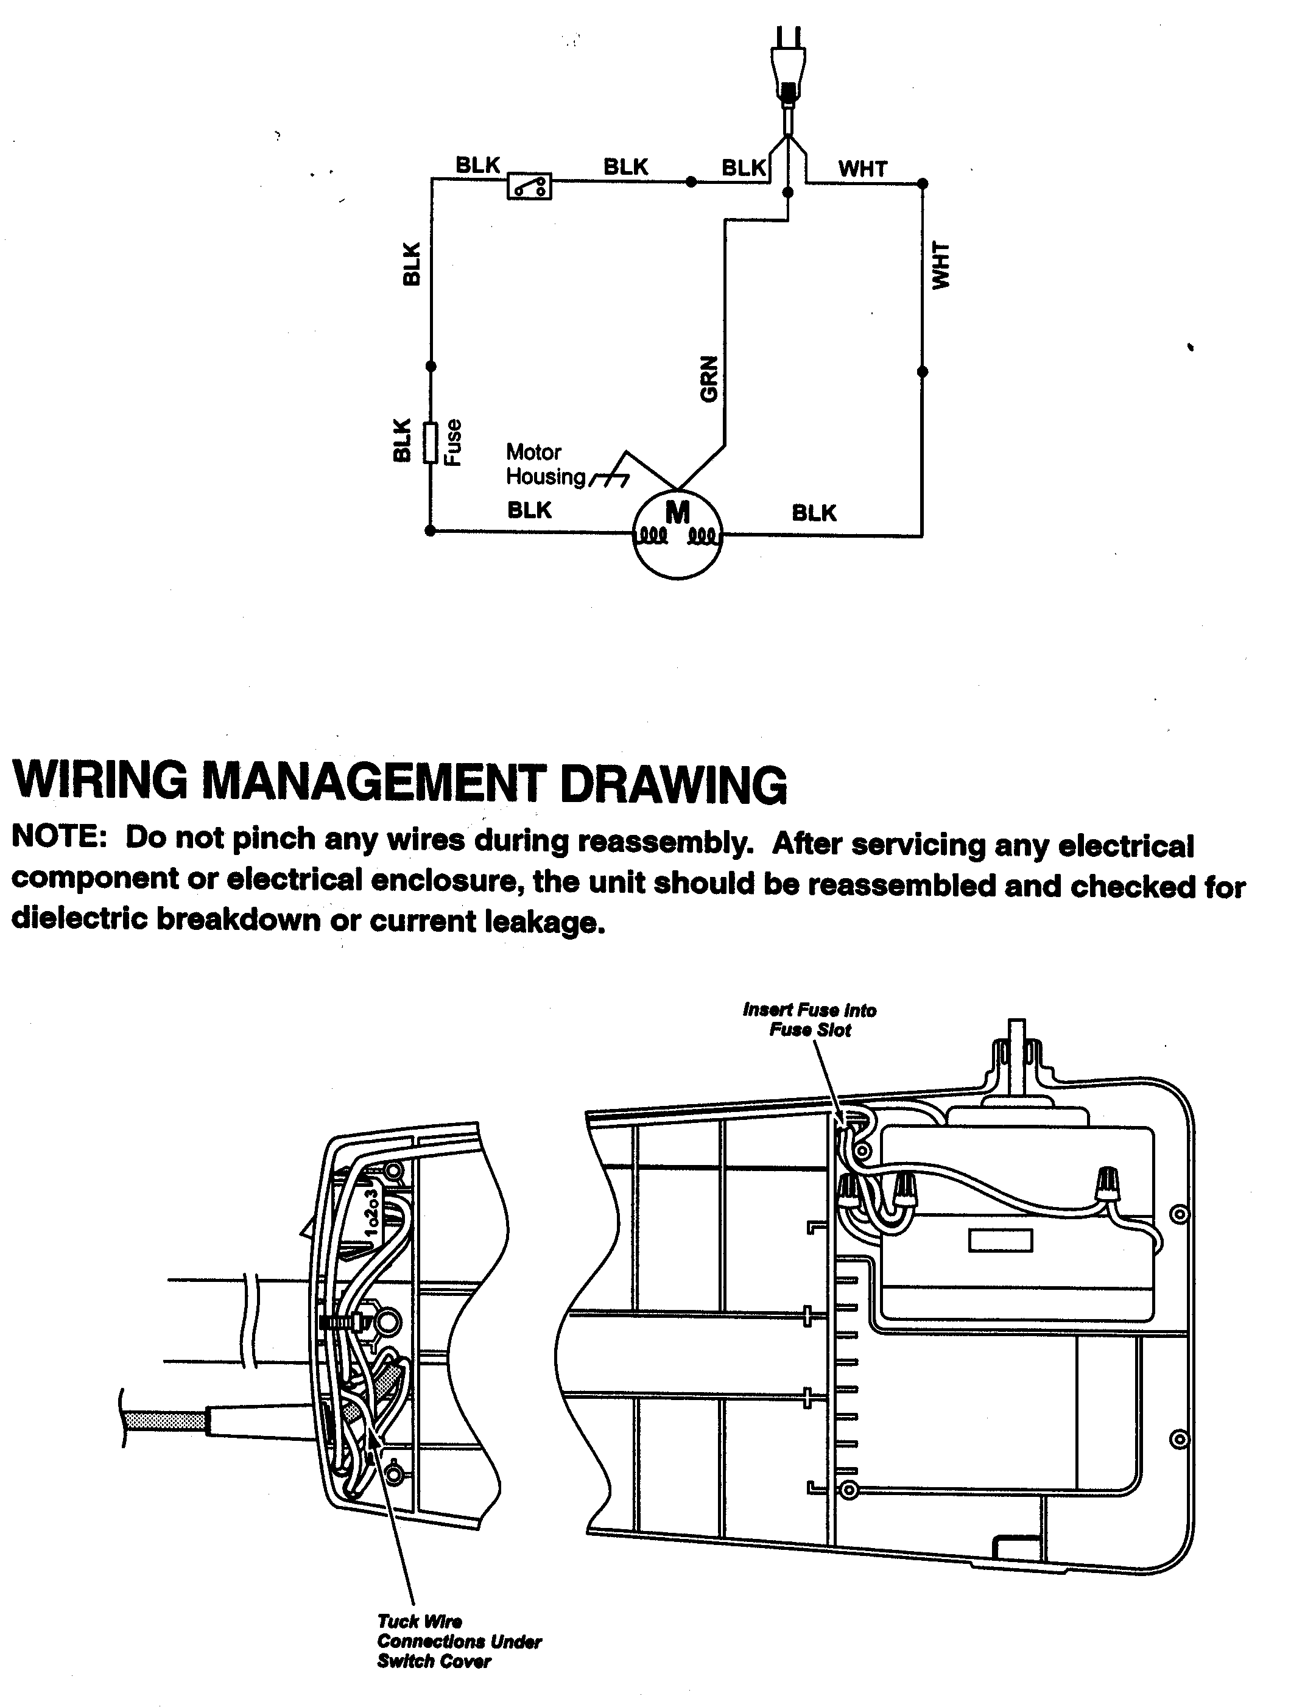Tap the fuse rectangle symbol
pos(431,442)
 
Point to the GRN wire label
pos(708,379)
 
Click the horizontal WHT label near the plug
pos(863,169)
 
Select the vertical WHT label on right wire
pos(941,266)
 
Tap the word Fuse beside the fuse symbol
pos(454,442)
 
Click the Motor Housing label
pos(545,465)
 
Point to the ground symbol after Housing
pos(610,480)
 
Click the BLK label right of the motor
pos(814,513)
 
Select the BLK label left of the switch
pos(477,165)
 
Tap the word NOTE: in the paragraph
pos(58,837)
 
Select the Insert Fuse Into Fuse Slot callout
pos(809,1019)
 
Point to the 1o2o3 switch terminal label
pos(373,1214)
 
